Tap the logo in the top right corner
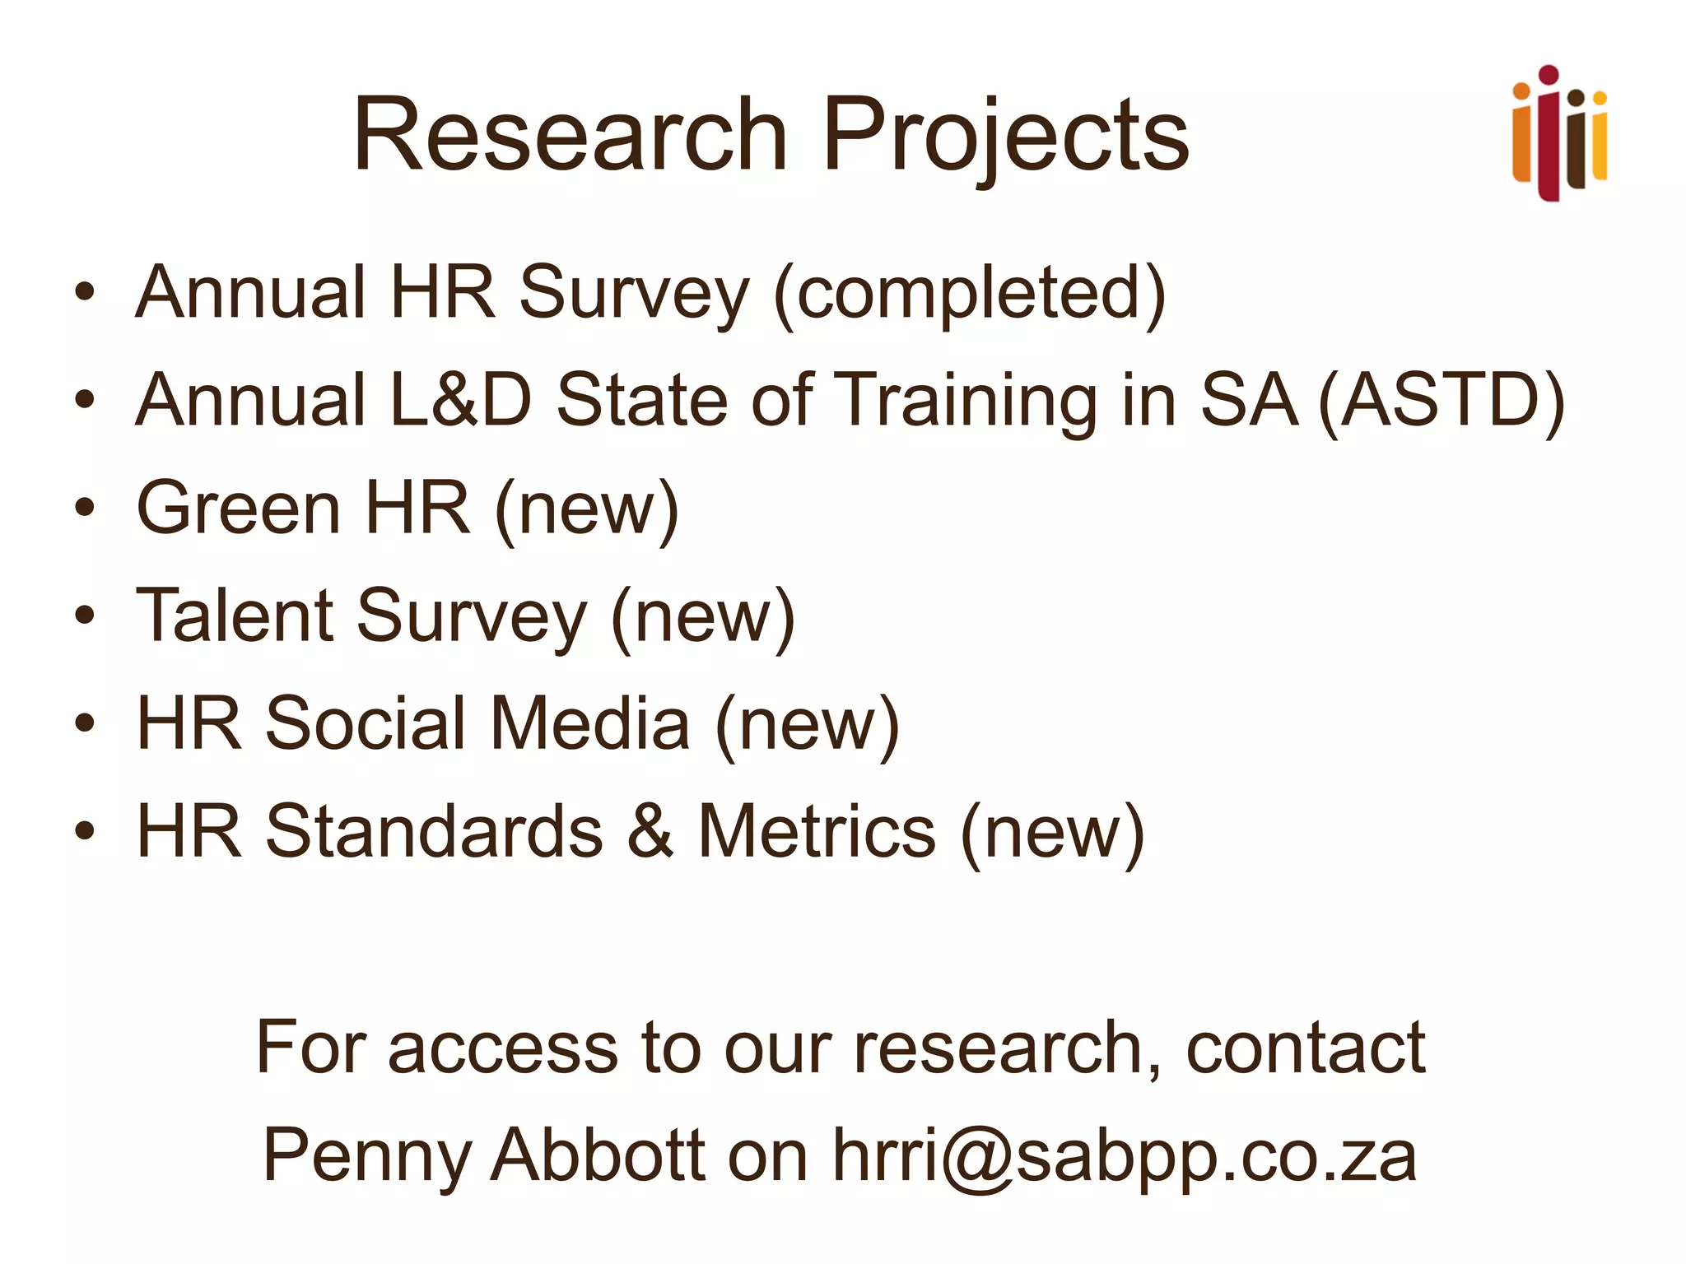point(1559,133)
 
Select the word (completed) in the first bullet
point(970,294)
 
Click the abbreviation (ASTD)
point(1441,401)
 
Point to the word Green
point(239,509)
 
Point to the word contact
point(1306,1048)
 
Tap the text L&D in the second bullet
point(461,401)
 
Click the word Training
point(966,401)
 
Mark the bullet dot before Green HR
point(84,508)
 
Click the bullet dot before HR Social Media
point(84,723)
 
